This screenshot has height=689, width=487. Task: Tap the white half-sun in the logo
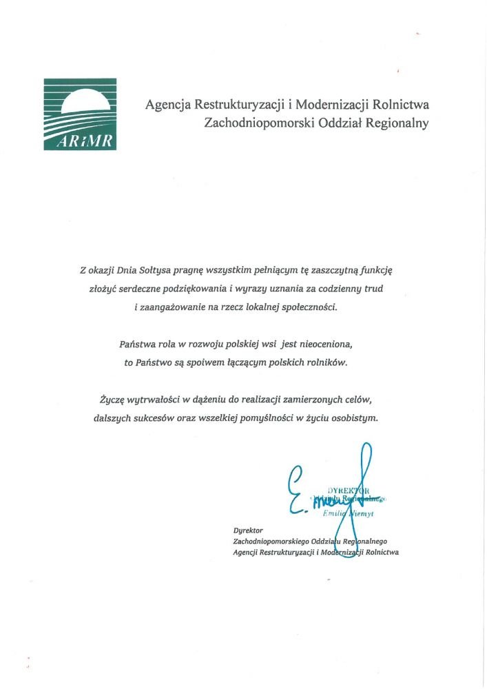coord(85,103)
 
